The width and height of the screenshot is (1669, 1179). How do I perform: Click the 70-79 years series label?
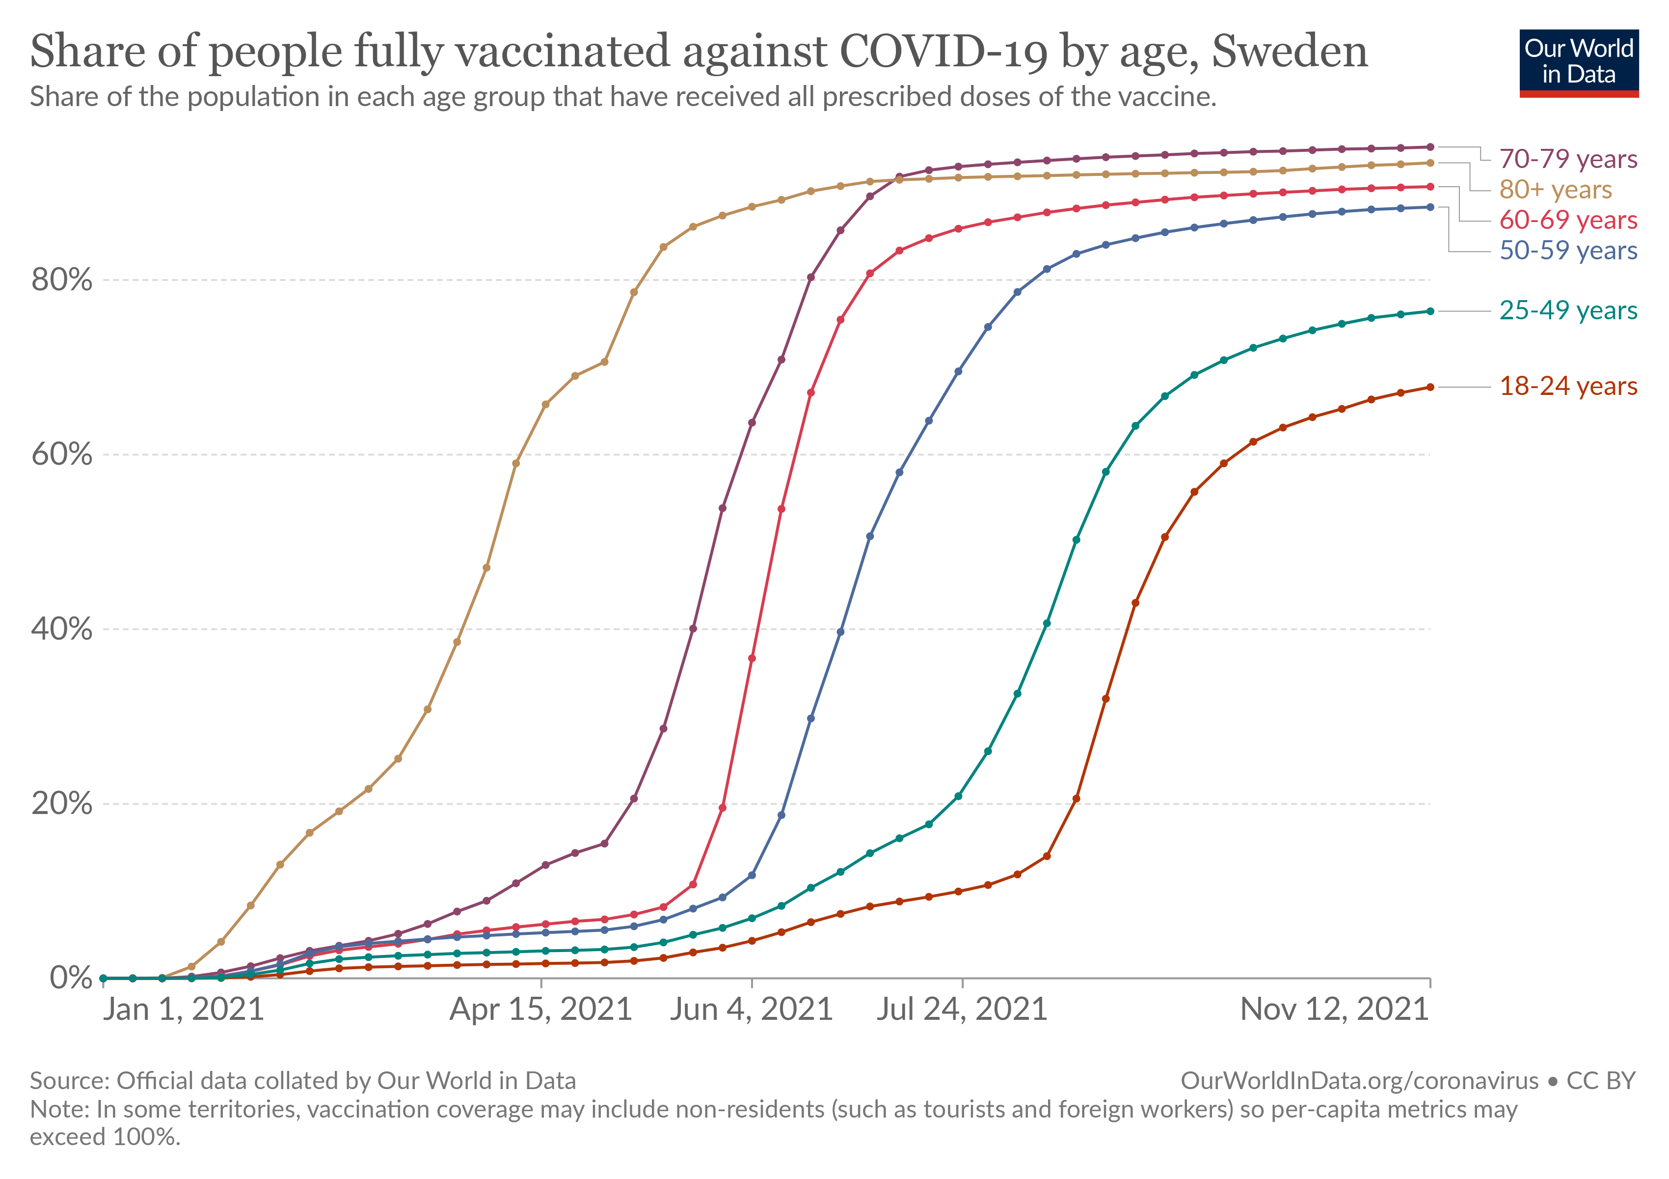1568,159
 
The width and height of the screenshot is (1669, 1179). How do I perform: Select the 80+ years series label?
1556,189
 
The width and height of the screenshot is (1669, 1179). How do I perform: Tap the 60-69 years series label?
1568,220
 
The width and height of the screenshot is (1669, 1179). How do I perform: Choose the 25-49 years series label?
1568,310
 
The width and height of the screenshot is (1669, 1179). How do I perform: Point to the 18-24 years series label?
1568,386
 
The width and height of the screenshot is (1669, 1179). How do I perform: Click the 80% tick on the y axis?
62,280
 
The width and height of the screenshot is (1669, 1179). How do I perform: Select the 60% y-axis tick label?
62,454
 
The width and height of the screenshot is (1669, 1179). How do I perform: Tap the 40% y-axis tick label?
62,629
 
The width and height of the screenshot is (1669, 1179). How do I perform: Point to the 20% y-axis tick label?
62,804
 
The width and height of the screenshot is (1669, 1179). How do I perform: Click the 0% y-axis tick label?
71,978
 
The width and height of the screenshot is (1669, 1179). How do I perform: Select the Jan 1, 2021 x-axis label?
183,1010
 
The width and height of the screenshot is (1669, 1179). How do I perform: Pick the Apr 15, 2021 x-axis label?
541,1010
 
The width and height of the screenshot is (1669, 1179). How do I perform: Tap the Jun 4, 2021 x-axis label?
751,1010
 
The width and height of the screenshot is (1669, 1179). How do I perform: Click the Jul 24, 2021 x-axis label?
962,1010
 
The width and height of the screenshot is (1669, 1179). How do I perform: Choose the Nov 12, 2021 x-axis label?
1335,1010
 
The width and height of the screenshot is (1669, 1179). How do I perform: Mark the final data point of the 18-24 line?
1430,387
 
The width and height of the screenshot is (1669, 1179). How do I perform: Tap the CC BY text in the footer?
1601,1081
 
